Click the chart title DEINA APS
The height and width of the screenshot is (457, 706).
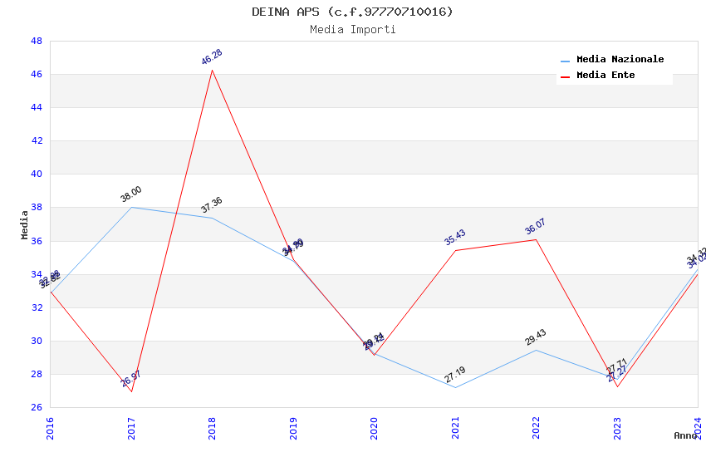point(352,12)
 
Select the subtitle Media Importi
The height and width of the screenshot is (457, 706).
point(352,30)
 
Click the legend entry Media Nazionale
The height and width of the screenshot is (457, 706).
point(620,60)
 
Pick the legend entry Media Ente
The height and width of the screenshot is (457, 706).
point(605,76)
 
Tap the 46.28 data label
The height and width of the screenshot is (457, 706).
point(212,57)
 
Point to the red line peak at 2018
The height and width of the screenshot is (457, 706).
point(212,70)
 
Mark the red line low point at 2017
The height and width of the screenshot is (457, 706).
point(131,391)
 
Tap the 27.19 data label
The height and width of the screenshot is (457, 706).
point(455,375)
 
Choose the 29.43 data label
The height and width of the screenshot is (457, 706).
point(536,337)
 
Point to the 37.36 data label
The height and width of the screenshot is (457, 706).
point(212,205)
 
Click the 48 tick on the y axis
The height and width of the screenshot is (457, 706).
point(37,41)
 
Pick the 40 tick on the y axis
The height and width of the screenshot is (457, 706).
point(37,174)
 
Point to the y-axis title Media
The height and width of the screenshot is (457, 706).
point(24,224)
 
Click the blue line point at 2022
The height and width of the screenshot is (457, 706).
point(536,350)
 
